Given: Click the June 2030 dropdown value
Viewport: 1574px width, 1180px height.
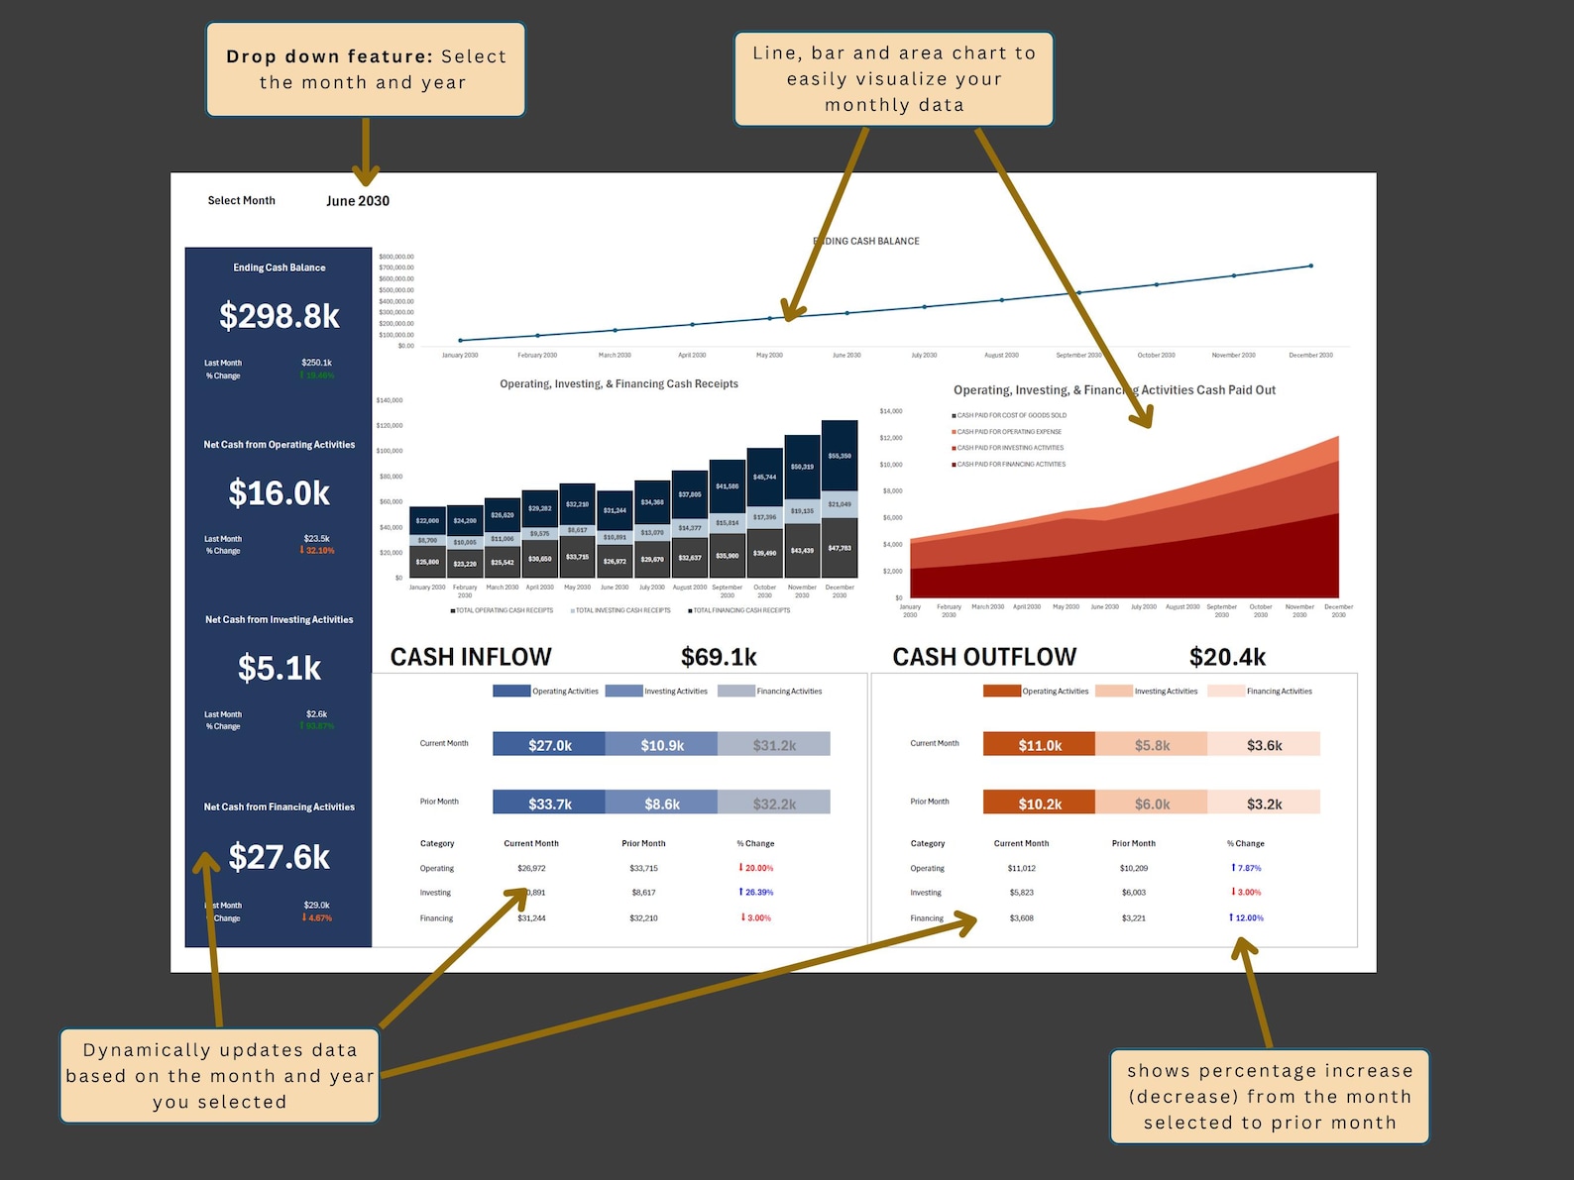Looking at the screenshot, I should coord(358,201).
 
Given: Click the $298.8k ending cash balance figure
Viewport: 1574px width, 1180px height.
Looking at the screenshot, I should coord(280,316).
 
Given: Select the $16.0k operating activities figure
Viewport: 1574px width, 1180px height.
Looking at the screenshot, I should coord(280,493).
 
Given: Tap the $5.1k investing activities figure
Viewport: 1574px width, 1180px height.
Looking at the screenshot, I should coord(280,669).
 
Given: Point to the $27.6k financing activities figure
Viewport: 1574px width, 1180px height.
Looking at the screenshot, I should coord(280,857).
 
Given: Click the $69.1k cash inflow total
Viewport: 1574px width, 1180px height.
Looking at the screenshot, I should coord(719,657).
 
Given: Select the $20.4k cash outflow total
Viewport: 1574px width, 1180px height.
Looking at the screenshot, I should coord(1227,657).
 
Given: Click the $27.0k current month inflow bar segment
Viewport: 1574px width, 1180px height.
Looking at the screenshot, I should coord(549,745).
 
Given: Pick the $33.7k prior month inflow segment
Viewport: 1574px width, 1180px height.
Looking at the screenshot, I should coord(549,804).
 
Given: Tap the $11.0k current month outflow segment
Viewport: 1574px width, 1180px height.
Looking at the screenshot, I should coord(1040,745).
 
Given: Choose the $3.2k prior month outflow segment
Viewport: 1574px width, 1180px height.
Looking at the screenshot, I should coord(1264,804).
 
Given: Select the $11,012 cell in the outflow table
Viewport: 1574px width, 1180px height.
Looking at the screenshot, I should coord(1021,869).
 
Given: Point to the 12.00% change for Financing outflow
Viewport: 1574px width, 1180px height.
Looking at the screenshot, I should coord(1248,918).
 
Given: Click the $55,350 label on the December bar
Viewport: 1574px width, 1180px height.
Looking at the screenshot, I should coord(840,456).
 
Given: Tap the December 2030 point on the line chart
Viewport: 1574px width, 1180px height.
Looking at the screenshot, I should coord(1310,266).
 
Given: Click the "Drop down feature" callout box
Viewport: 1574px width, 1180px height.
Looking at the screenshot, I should coord(366,69).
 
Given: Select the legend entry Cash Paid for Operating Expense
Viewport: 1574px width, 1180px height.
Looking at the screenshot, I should coord(1008,432).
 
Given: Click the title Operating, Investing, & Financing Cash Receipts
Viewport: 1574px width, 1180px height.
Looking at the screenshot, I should coord(618,384).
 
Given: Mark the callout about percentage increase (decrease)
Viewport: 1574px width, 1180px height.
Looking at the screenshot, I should coord(1270,1096).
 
